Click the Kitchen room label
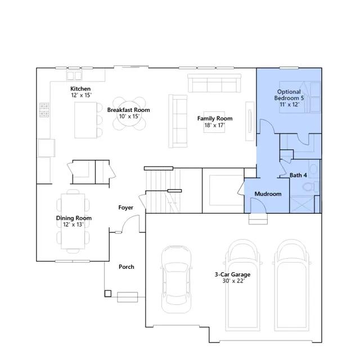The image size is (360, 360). point(80,89)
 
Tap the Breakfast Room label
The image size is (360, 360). point(129,110)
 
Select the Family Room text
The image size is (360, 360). point(215,119)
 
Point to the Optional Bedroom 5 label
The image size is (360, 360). point(289,95)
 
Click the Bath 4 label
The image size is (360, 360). point(298,175)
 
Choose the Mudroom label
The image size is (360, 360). point(268,194)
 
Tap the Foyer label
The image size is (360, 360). point(126,208)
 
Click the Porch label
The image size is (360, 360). point(127,267)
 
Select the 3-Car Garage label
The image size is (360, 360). point(232,274)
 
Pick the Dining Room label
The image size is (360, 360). point(74,218)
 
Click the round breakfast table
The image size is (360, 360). point(129,114)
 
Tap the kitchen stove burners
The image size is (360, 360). point(44,110)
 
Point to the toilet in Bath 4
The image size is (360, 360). point(310,186)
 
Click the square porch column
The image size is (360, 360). point(108,294)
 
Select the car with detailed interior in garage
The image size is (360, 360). point(176,280)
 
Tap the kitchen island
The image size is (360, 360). point(85,120)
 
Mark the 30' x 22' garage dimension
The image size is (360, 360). point(233,281)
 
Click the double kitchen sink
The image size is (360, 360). point(74,75)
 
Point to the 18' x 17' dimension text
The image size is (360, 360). point(215,125)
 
